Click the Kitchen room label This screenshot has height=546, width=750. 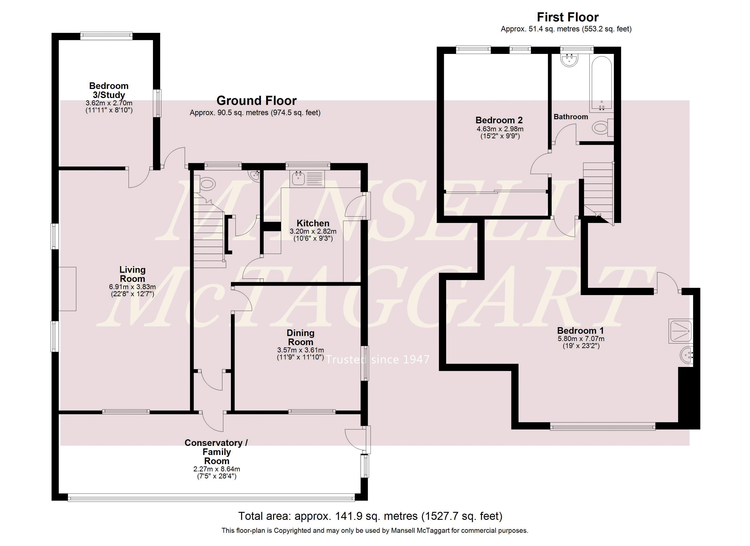pos(312,223)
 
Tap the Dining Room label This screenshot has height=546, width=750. pos(300,337)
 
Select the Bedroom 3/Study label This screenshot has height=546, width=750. pos(109,90)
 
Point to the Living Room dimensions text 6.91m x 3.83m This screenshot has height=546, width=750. pos(132,287)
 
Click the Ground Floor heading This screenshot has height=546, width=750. pos(256,101)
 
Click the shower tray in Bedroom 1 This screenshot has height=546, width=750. pos(680,331)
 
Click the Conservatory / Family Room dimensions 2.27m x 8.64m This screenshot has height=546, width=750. pos(217,469)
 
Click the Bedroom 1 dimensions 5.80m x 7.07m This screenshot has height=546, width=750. pos(581,339)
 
